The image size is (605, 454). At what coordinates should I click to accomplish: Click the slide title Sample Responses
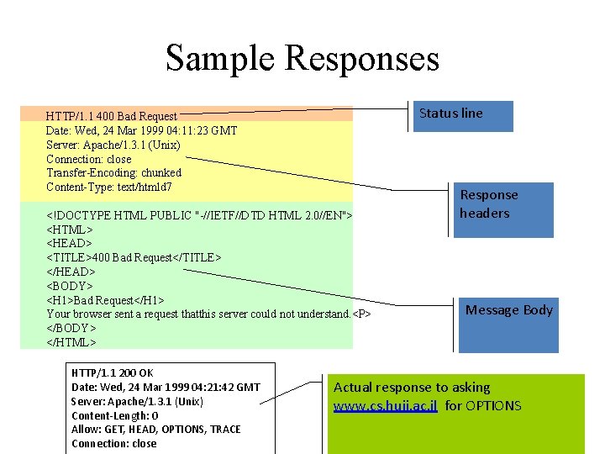302,59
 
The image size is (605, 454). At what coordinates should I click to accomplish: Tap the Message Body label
509,310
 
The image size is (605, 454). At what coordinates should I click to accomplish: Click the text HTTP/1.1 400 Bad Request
112,116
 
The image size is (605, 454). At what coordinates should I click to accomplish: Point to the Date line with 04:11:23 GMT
141,130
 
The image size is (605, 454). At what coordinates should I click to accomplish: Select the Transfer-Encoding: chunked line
113,172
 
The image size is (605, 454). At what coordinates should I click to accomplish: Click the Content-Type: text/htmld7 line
109,187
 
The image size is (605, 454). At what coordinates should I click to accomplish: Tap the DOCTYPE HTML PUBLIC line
197,215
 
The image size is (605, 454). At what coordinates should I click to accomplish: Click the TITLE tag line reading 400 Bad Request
134,257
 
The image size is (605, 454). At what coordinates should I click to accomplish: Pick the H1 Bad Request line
105,300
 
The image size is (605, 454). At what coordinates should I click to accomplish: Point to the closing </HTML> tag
71,342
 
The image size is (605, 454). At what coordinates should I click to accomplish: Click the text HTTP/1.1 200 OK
113,372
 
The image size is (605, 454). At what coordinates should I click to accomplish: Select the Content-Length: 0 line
115,415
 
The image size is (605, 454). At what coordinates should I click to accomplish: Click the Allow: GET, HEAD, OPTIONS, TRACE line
155,430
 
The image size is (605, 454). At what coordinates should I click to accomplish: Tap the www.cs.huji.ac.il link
386,406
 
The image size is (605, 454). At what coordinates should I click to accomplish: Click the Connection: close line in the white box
113,444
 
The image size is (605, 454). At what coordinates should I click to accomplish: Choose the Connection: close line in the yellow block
89,159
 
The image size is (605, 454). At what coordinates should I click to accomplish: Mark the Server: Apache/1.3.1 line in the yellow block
113,145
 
